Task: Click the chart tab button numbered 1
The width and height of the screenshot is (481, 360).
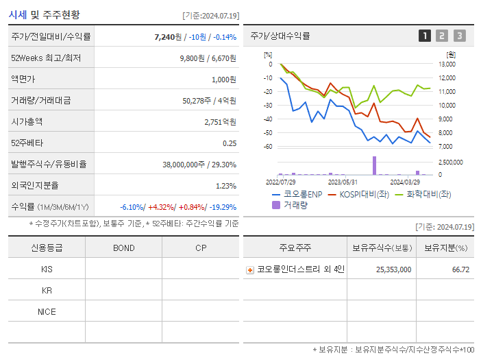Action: (x=425, y=36)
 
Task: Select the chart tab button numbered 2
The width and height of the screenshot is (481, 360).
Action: (x=442, y=36)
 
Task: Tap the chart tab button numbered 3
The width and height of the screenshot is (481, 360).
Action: (x=459, y=36)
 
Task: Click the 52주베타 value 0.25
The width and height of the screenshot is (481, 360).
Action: (x=230, y=143)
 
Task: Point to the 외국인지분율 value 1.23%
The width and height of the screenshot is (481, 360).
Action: (x=225, y=185)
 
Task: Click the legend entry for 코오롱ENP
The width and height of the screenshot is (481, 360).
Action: (x=297, y=194)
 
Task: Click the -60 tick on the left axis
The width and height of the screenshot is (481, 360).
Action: (x=268, y=147)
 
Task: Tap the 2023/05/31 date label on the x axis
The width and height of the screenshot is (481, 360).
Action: (x=343, y=182)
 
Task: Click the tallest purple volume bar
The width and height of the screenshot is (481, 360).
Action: (x=374, y=165)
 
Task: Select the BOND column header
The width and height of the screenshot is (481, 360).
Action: (x=123, y=248)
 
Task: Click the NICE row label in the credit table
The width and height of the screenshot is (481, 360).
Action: (x=47, y=311)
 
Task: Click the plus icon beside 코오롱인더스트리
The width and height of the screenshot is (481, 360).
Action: (x=250, y=269)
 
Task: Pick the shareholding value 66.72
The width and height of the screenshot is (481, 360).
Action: (x=460, y=269)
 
